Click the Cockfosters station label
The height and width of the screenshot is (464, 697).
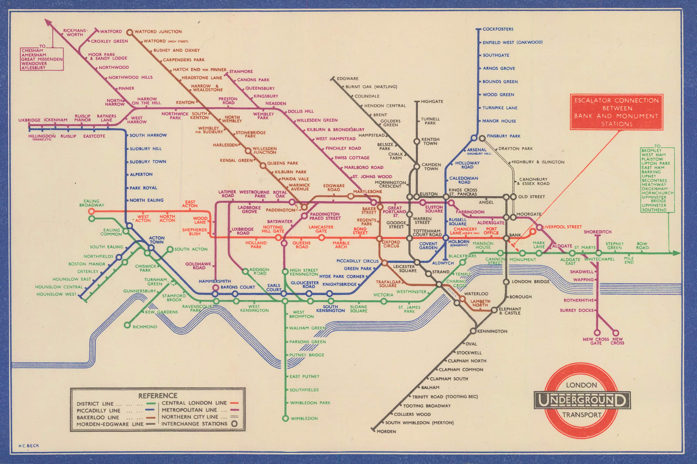point(498,29)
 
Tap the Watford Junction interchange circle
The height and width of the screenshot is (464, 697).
point(129,32)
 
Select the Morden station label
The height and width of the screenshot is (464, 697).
point(386,431)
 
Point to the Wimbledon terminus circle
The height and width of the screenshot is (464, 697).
point(285,418)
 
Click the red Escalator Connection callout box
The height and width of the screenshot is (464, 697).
point(616,112)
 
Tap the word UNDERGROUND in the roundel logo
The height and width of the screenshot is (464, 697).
point(582,400)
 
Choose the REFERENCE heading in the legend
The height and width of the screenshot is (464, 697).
point(158,396)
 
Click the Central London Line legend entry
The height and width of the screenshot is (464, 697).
point(195,403)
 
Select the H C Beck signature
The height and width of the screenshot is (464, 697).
point(29,446)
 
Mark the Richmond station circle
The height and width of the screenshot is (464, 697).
point(127,325)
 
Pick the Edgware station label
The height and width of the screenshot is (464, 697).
point(348,79)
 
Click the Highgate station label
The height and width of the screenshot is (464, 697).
point(432,102)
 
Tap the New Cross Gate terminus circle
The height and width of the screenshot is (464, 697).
point(598,332)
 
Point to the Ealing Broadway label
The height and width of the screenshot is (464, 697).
point(91,203)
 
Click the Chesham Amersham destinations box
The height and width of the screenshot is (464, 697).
point(42,59)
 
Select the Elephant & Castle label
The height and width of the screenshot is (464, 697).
point(510,311)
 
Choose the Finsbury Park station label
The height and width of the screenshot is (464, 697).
point(504,136)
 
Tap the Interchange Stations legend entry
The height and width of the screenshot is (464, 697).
point(194,423)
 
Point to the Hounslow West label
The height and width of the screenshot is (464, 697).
point(56,294)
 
